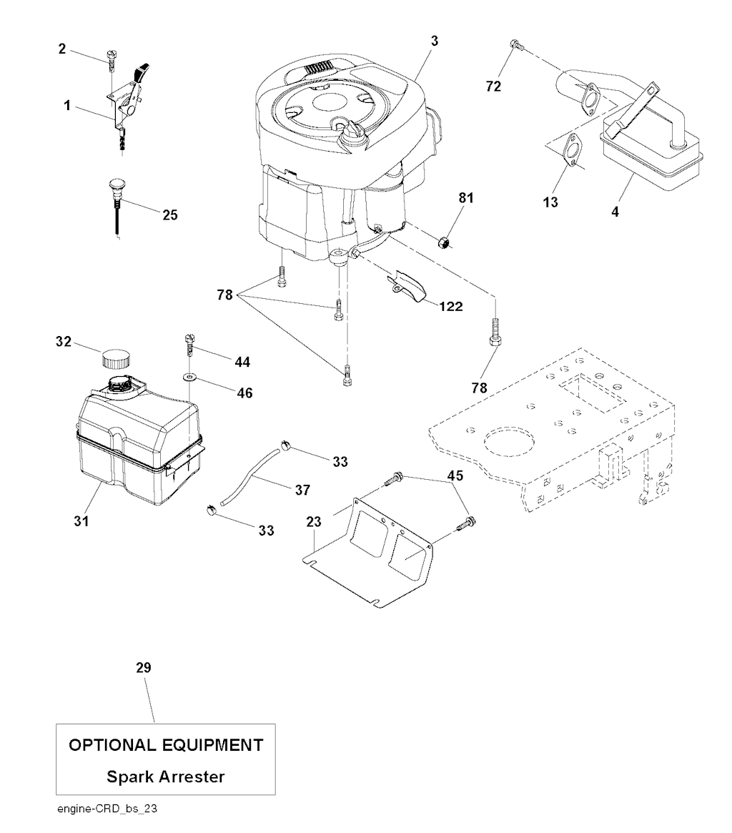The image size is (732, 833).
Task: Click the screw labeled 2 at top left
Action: pos(111,58)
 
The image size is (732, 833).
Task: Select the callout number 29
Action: pos(144,668)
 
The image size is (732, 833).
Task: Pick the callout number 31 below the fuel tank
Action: pos(81,521)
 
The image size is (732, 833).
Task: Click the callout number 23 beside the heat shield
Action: pos(314,523)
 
